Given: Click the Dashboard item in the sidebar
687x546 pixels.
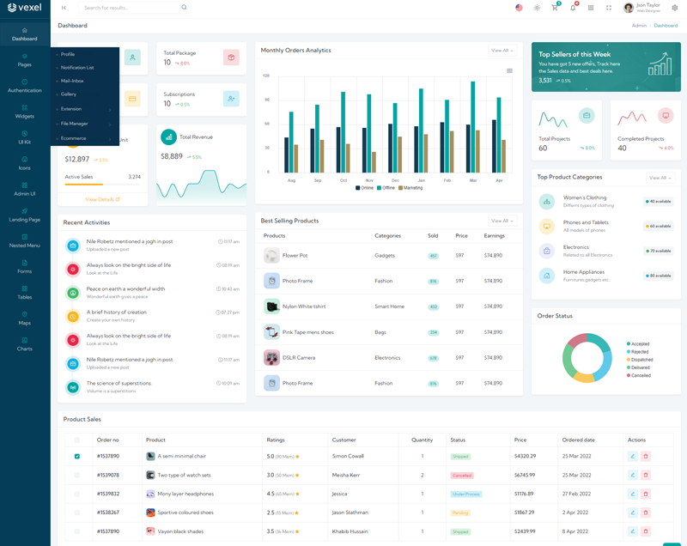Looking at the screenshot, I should (x=24, y=34).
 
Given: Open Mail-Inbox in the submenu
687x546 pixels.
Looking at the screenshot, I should (x=72, y=81).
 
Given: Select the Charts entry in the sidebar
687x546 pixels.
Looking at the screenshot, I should (x=24, y=344).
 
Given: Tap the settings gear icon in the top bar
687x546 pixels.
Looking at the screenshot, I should (x=675, y=8).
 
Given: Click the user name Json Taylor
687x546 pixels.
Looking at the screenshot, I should (x=648, y=5).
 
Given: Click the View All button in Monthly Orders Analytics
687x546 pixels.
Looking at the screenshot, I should (x=502, y=51).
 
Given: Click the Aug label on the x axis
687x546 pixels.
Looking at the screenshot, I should (x=291, y=180).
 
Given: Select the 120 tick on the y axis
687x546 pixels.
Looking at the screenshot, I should (x=266, y=76).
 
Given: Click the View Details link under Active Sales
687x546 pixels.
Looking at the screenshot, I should (x=102, y=199).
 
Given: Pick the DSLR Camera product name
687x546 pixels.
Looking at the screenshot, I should (x=299, y=358).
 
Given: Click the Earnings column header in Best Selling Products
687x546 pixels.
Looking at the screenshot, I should (x=494, y=235).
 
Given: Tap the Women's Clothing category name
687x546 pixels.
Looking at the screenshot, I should (x=585, y=197).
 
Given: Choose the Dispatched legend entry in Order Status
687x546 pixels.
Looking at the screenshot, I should (x=641, y=360).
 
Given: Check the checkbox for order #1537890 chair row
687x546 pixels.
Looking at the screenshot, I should (x=77, y=457).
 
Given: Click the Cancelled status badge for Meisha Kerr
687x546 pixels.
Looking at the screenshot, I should (x=461, y=476).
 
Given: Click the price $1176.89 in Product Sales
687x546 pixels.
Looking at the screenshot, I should (x=524, y=494).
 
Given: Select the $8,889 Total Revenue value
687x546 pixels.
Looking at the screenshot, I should (x=172, y=156).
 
